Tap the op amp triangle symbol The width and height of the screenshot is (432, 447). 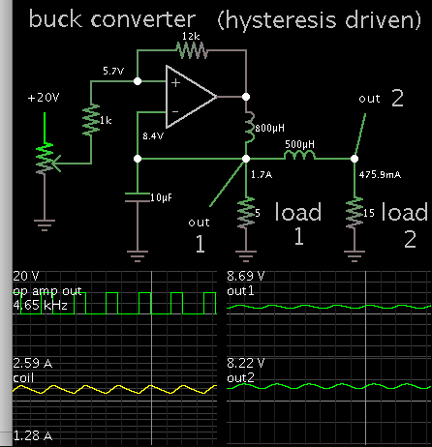190,95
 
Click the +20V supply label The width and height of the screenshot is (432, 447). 44,99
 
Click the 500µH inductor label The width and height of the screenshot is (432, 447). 299,143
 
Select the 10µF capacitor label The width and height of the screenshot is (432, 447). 161,198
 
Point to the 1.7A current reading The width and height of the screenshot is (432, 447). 261,176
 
